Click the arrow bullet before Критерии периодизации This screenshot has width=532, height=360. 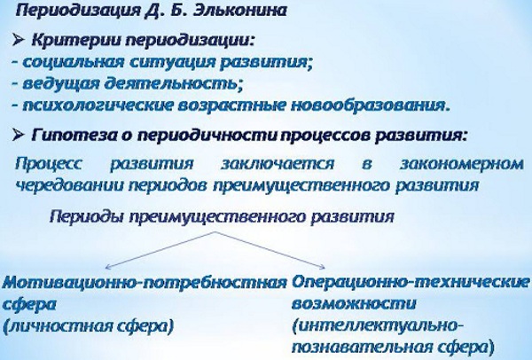pyautogui.click(x=22, y=42)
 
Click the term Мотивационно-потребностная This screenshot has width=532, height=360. pyautogui.click(x=144, y=282)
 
